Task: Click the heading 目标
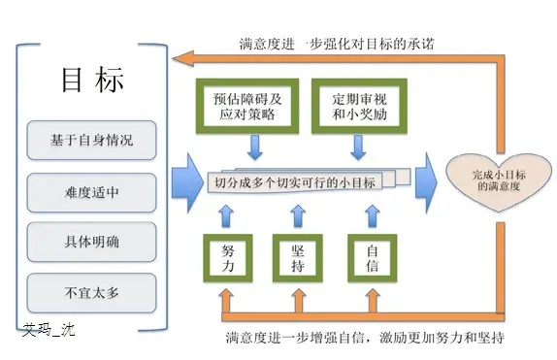(92, 82)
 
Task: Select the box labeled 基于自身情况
(92, 139)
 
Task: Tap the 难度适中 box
(92, 190)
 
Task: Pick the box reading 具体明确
(92, 240)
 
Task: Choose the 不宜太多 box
(92, 289)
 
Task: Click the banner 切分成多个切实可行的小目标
(295, 180)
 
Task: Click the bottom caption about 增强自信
(364, 339)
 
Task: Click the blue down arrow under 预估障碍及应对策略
(254, 148)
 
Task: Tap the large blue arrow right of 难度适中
(182, 181)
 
